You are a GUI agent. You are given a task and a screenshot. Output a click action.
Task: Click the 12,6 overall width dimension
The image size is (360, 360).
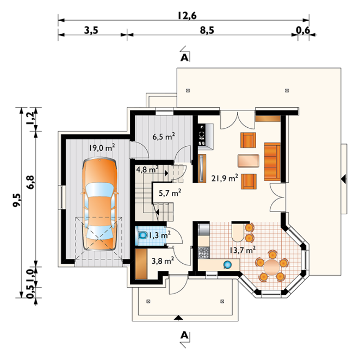[187, 16]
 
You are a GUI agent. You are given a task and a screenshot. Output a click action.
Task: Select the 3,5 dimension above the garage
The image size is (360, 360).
[91, 30]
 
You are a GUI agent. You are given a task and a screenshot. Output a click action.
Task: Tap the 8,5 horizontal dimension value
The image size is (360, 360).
[207, 30]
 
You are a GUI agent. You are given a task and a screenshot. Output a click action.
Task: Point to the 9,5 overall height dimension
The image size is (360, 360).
[17, 201]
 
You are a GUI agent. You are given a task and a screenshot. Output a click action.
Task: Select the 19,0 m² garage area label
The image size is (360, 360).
[102, 147]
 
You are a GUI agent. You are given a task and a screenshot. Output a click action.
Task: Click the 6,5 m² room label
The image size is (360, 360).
[164, 136]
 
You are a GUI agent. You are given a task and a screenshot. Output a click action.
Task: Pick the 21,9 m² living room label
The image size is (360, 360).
[225, 178]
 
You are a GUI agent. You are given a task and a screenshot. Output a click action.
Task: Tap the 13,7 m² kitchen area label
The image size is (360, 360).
[243, 250]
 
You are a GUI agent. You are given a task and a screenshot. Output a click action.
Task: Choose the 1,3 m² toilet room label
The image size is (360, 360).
[160, 235]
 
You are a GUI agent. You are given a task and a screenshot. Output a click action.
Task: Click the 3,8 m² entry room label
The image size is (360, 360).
[163, 260]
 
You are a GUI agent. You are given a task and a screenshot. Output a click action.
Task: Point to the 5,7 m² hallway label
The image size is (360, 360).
[170, 193]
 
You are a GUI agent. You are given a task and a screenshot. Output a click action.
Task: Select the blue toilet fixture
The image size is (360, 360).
[143, 235]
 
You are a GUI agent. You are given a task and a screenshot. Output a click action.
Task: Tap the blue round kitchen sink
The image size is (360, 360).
[227, 265]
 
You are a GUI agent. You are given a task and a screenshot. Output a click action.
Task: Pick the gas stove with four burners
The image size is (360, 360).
[204, 252]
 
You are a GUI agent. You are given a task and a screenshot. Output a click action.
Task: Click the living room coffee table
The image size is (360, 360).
[249, 160]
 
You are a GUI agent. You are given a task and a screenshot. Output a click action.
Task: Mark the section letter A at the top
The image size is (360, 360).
[184, 58]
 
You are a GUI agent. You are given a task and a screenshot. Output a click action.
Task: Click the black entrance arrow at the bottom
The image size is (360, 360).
[178, 318]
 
